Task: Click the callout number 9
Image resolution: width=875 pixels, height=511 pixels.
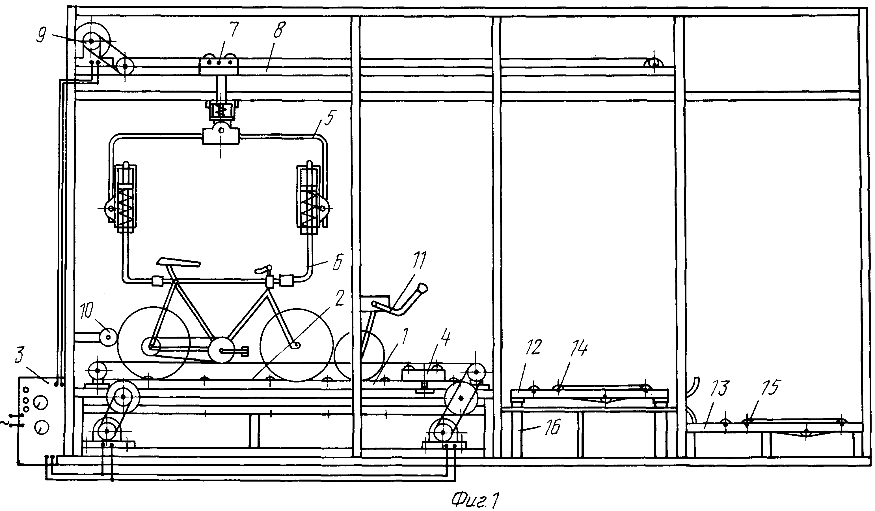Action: pos(42,36)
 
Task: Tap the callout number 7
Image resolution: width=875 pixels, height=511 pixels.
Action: pos(234,30)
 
